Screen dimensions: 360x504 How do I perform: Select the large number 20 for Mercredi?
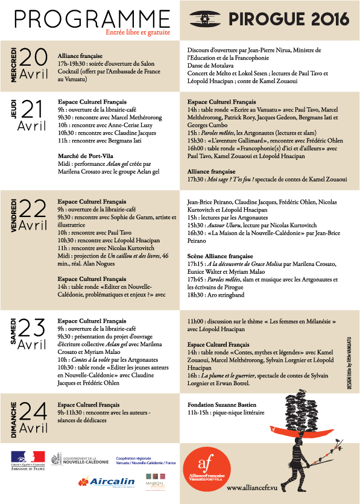(x=34, y=58)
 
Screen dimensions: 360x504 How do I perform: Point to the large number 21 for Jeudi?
(x=34, y=110)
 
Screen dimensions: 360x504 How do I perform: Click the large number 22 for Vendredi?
(x=34, y=209)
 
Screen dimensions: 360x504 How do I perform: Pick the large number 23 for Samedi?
(x=34, y=328)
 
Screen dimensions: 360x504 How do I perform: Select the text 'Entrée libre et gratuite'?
(x=137, y=32)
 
